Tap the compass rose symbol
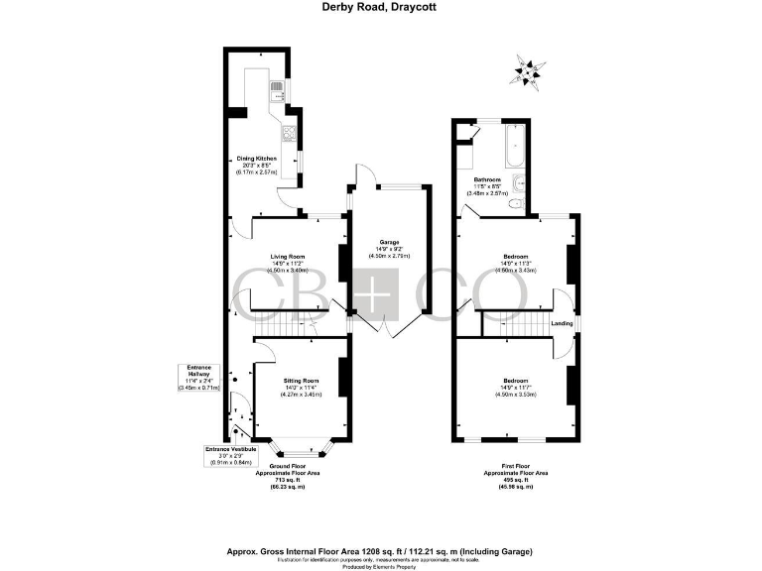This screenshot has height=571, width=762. tap(528, 69)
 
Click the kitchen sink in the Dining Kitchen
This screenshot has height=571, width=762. tap(278, 94)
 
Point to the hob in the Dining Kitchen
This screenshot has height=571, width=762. tap(289, 135)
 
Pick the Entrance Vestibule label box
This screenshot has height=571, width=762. tap(230, 455)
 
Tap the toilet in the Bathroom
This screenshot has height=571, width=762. tap(512, 204)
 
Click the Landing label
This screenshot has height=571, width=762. tap(561, 322)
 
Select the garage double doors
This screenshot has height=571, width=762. tap(388, 328)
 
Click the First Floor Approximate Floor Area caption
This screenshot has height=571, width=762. tap(515, 475)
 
